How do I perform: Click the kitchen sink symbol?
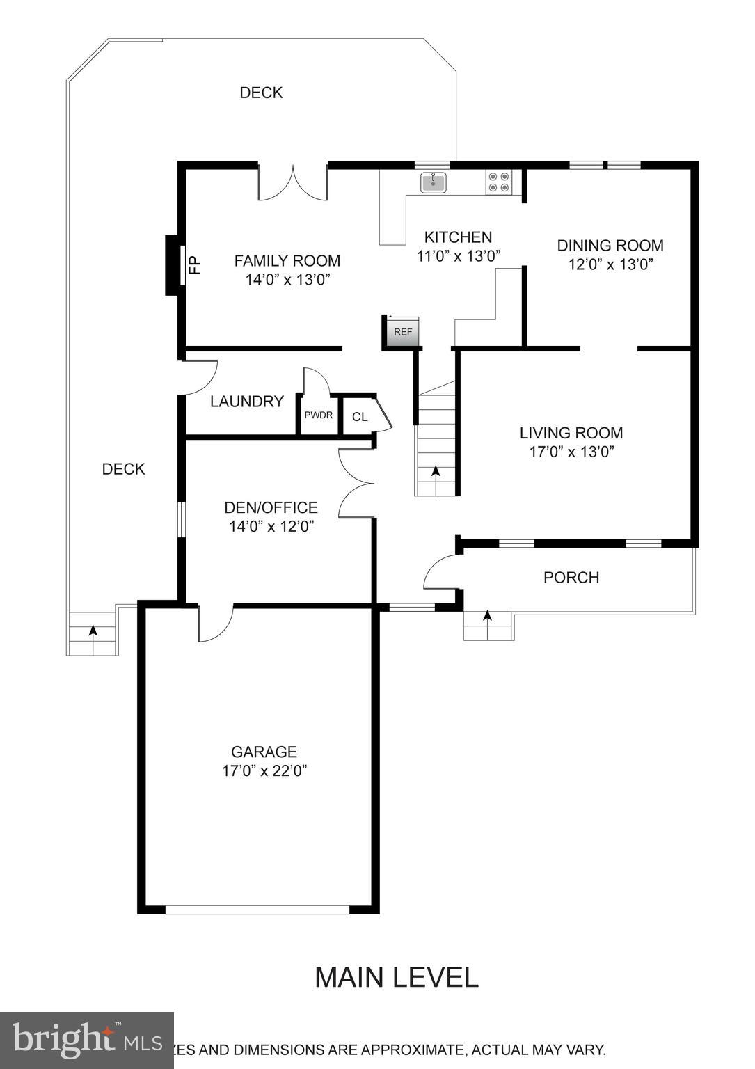click(433, 182)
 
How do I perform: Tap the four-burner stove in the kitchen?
click(498, 182)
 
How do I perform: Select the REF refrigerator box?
click(403, 332)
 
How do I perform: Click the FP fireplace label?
click(196, 265)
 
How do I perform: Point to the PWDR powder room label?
click(318, 415)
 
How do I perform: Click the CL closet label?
click(359, 417)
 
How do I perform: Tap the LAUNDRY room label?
click(246, 402)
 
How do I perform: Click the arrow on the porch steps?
click(487, 617)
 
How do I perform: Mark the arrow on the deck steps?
click(92, 631)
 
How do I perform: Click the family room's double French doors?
click(293, 184)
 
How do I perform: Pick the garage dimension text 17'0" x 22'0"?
click(264, 770)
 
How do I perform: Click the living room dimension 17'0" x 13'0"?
click(571, 452)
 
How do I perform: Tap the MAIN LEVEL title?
click(396, 977)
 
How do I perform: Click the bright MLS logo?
click(86, 1040)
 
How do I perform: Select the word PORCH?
click(571, 578)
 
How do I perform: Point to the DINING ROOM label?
click(610, 246)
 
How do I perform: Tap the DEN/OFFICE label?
click(271, 508)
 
